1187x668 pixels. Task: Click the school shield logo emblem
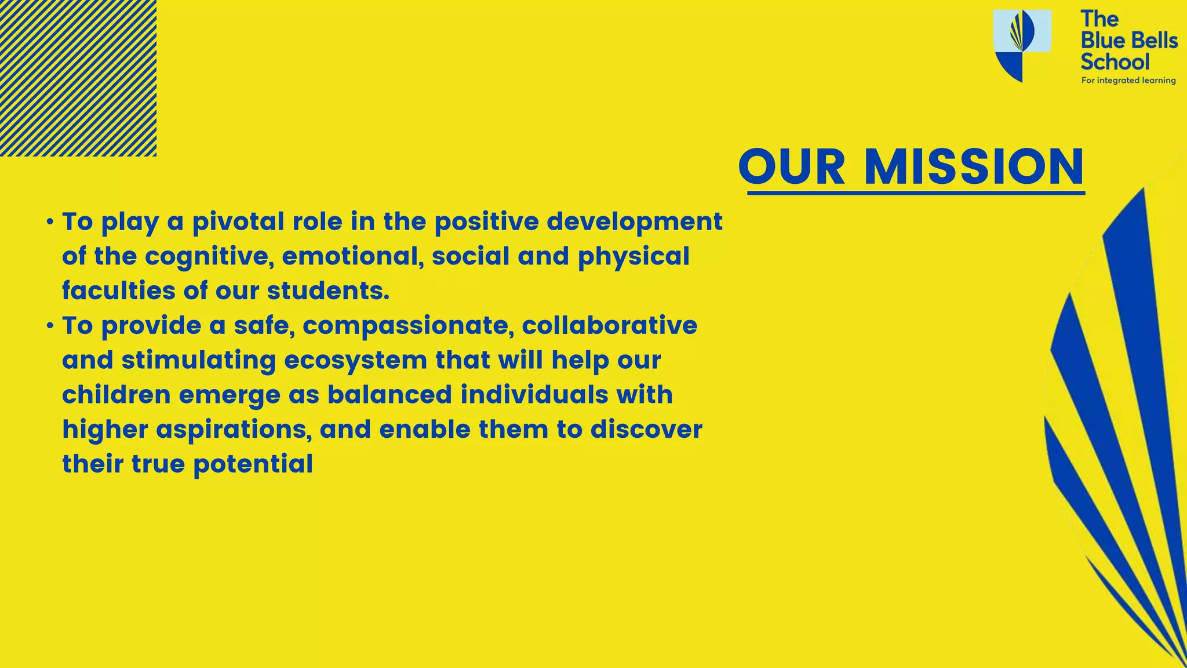pyautogui.click(x=1022, y=45)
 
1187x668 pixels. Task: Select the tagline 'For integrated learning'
pyautogui.click(x=1128, y=81)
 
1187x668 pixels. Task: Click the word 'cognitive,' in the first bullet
pyautogui.click(x=209, y=256)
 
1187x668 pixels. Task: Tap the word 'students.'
pyautogui.click(x=328, y=291)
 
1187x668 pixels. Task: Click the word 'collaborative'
pyautogui.click(x=609, y=325)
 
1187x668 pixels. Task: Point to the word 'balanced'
pyautogui.click(x=389, y=395)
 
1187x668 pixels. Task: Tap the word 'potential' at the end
pyautogui.click(x=253, y=464)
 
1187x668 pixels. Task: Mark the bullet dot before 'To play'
pyautogui.click(x=50, y=222)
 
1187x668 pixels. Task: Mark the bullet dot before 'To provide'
pyautogui.click(x=50, y=326)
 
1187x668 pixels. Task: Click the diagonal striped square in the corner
pyautogui.click(x=78, y=78)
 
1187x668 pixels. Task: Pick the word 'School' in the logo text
pyautogui.click(x=1115, y=61)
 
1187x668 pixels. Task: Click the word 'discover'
pyautogui.click(x=646, y=430)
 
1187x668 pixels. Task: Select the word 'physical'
pyautogui.click(x=633, y=256)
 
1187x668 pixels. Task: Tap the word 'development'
pyautogui.click(x=635, y=222)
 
